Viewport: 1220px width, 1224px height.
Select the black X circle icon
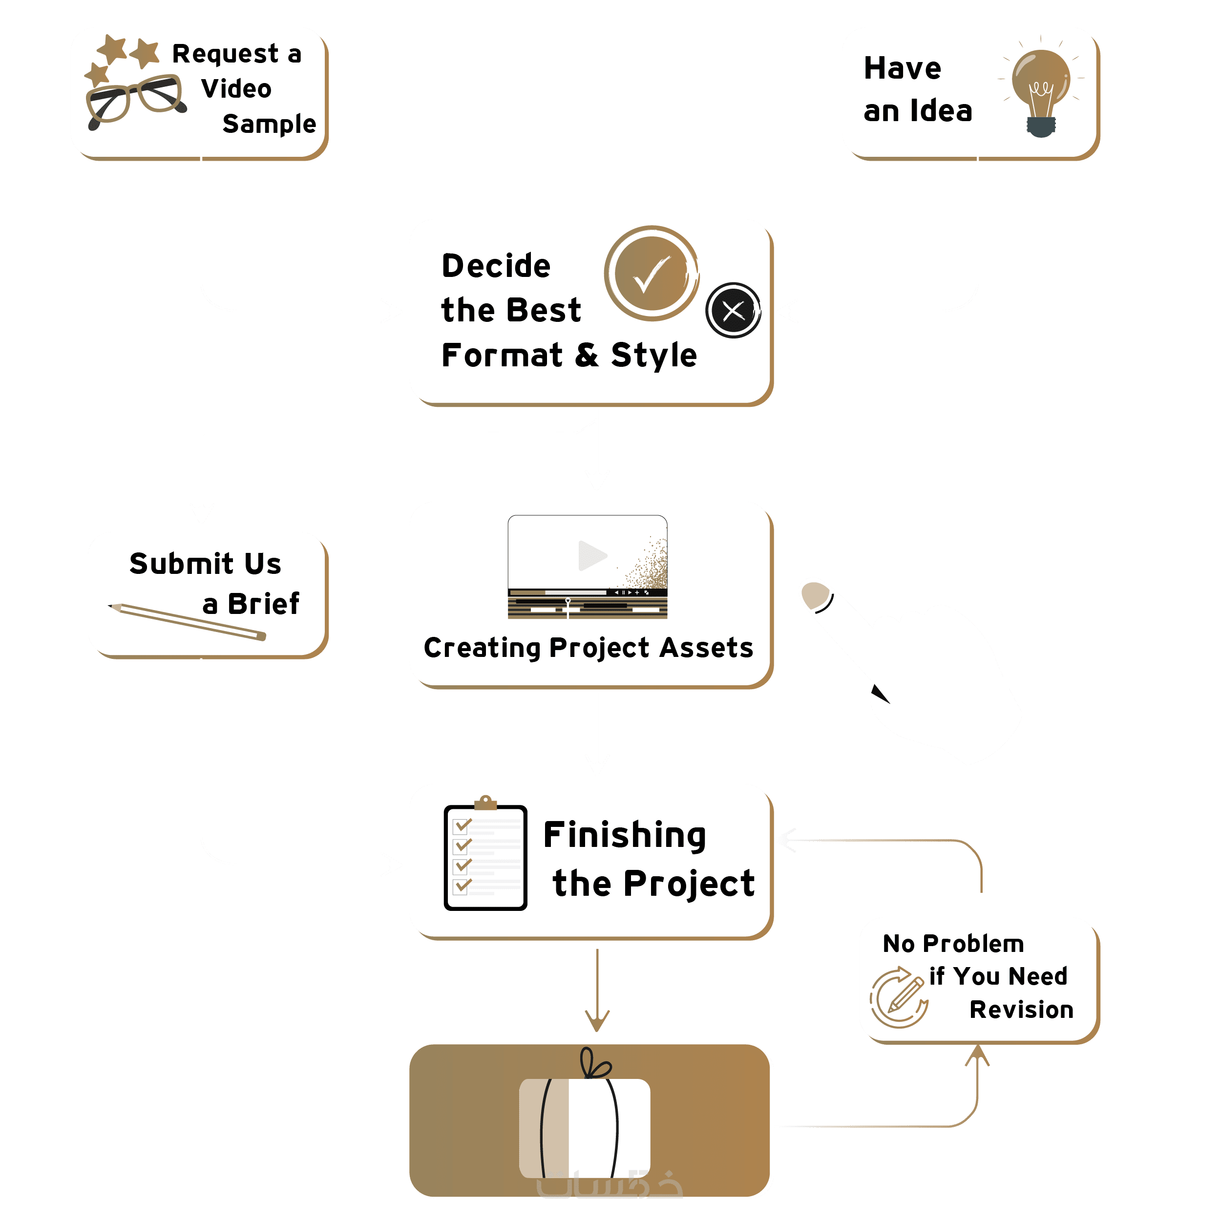pos(733,311)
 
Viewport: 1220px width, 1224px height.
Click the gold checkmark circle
pos(651,274)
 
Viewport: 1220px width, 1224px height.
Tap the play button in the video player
pos(591,556)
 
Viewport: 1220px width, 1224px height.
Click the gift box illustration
pos(584,1128)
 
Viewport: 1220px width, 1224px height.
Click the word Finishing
pos(625,835)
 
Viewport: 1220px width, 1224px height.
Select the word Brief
pos(264,604)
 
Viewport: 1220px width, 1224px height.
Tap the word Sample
pos(269,124)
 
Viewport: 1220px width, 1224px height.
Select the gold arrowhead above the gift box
pos(597,1019)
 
